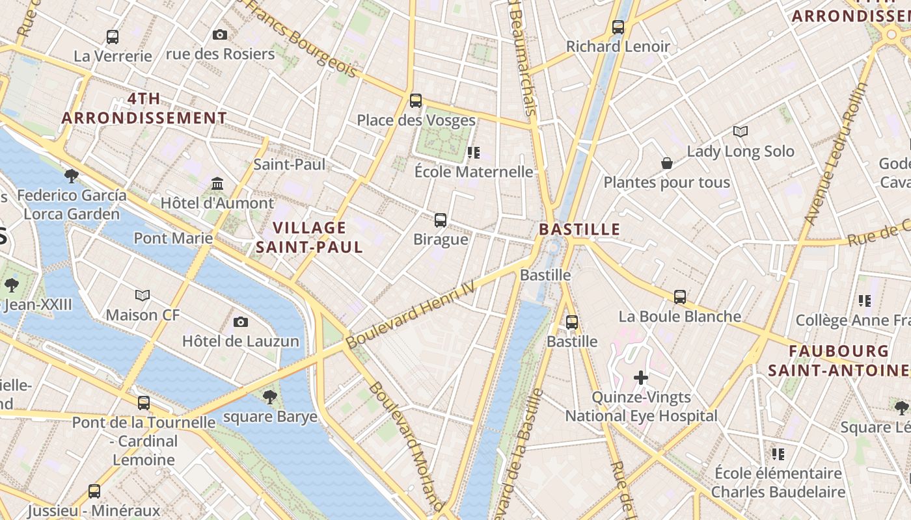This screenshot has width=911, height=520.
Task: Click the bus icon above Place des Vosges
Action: pos(416,101)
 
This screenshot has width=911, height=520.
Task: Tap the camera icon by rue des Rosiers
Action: pos(220,34)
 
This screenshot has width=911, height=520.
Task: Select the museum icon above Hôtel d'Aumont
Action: pos(217,183)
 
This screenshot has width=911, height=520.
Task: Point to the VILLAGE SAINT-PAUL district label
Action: pos(309,237)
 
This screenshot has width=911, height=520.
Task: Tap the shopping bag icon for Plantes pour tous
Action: pos(667,163)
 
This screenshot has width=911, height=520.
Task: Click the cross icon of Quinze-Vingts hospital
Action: pos(641,377)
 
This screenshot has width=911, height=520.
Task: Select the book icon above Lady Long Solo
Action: pos(741,132)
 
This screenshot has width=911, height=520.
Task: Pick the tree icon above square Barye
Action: pos(269,396)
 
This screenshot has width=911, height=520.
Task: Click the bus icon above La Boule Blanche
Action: pos(680,297)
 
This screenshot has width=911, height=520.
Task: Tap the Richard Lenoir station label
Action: pos(618,46)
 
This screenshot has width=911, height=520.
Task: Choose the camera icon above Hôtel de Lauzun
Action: pos(241,322)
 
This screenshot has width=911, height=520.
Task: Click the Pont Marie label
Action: pos(173,238)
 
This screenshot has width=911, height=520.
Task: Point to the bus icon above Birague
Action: pos(441,220)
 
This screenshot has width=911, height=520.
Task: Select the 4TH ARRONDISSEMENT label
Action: pos(144,108)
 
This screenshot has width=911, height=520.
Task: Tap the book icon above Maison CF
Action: pos(143,296)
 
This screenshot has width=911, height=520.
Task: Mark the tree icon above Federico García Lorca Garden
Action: pos(72,175)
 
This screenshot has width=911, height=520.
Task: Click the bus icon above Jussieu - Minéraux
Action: pos(94,491)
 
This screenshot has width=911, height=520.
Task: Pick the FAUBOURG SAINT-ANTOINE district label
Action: pos(838,361)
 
